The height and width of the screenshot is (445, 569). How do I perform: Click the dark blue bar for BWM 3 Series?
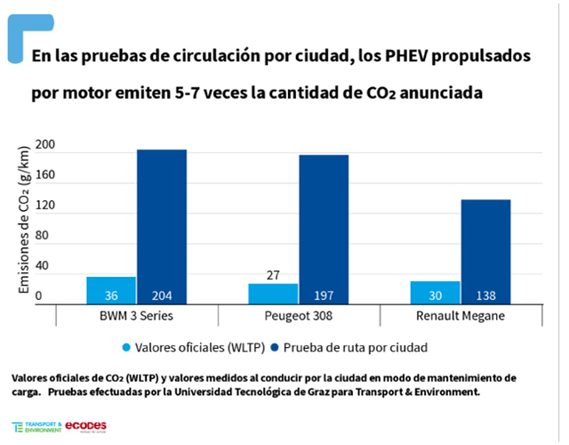tap(161, 227)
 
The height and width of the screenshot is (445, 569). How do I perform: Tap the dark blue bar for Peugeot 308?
tap(324, 230)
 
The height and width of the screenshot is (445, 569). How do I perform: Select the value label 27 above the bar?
tap(273, 275)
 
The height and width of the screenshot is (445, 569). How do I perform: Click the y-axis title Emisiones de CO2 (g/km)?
tap(25, 221)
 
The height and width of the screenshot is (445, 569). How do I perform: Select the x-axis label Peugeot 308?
tap(298, 317)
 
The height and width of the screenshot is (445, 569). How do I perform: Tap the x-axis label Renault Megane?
tap(461, 317)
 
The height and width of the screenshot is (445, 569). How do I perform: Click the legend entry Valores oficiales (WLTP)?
tap(193, 346)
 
